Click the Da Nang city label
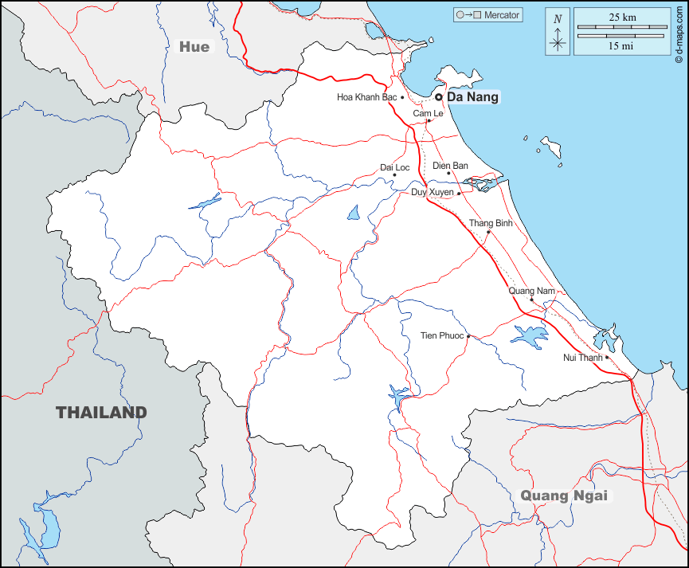[472, 97]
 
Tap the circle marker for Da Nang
[438, 97]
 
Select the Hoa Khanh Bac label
[366, 97]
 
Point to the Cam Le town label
[428, 114]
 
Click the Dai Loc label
[394, 167]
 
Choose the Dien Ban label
[450, 166]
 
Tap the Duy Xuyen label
[432, 193]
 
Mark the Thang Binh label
[491, 223]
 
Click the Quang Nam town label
[531, 291]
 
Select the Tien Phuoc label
[441, 336]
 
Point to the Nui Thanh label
[583, 358]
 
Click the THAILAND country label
[101, 413]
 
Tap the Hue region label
[194, 47]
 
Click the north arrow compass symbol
[558, 33]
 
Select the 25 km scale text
[621, 17]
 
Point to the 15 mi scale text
[621, 45]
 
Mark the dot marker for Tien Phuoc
[469, 336]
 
